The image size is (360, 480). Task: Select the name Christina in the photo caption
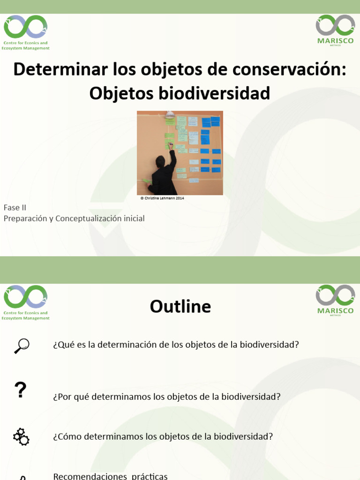pos(153,198)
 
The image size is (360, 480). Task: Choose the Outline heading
pos(180,307)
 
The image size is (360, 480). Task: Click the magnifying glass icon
pos(21,345)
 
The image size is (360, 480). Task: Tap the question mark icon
pos(20,390)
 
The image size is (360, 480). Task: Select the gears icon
pos(21,436)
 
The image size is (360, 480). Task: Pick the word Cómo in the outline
pos(69,436)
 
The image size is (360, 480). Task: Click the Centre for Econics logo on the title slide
pos(26,31)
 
